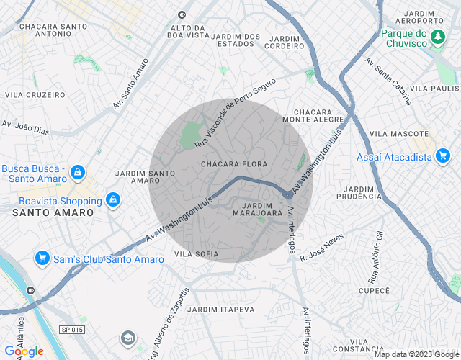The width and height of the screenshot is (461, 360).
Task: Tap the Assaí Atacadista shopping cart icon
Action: tap(442, 155)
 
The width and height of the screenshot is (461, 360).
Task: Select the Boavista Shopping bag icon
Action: tap(112, 199)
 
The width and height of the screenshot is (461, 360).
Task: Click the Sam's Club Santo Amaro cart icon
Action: tap(42, 258)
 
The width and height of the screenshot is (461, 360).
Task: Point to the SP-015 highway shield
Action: tap(71, 329)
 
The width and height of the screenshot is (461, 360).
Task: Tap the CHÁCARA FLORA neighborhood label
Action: tap(234, 164)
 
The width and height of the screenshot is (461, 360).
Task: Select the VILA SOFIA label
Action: tap(196, 254)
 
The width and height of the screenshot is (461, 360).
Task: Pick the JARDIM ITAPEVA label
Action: tap(220, 309)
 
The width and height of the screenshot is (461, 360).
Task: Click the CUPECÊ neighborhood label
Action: tap(374, 290)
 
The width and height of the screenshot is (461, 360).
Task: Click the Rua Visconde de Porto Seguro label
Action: tap(235, 114)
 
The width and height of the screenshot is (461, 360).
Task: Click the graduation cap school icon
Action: tap(127, 338)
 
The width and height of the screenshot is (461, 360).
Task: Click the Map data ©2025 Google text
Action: tap(415, 354)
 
